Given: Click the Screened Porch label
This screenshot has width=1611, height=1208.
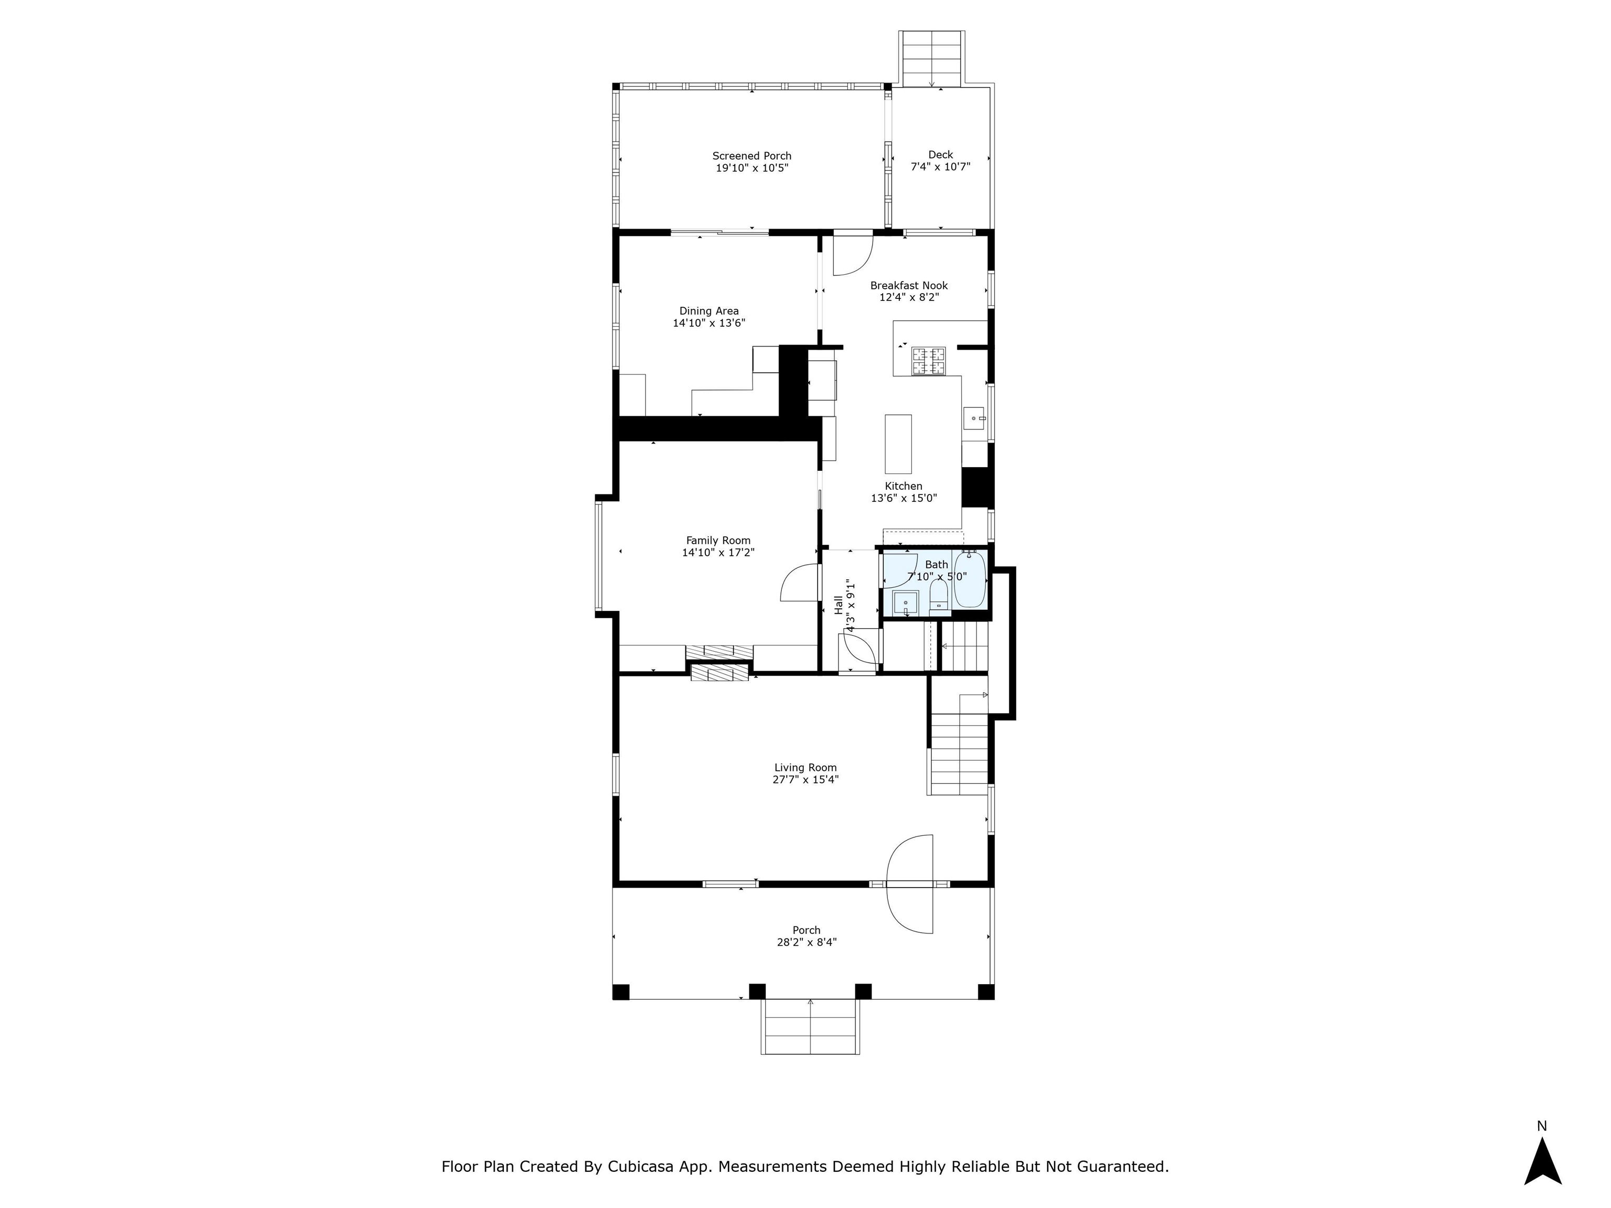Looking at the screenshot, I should coord(751,156).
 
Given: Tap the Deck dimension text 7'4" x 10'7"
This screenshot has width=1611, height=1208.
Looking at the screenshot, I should coord(940,167).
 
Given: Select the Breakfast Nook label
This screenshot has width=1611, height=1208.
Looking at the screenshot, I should coord(908,285).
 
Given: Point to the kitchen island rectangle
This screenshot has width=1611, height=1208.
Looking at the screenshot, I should coord(898,444).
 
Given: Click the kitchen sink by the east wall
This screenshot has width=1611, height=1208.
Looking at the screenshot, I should coord(974,419).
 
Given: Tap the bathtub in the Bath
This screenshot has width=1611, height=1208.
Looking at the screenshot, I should coord(969,581).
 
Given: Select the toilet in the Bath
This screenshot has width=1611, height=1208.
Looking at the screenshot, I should coord(938,596).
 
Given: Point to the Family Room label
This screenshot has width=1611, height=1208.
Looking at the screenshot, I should coord(718,540).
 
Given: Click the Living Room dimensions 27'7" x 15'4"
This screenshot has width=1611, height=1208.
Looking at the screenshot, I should coord(805,779).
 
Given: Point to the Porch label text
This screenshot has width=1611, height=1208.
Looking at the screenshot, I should coord(806,930).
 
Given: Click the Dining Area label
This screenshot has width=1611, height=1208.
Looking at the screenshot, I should coord(708,311).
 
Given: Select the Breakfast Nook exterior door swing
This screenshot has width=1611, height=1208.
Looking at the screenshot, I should coord(851,255).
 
